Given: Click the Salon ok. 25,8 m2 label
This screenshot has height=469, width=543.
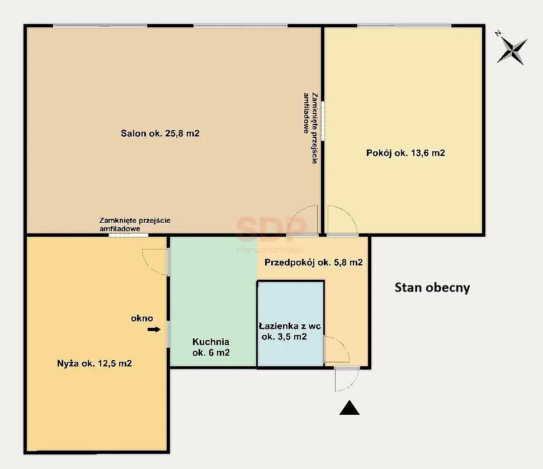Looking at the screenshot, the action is click(160, 133).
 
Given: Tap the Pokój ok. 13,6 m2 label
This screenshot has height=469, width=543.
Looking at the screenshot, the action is click(405, 153).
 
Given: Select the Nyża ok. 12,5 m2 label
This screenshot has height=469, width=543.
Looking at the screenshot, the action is click(94, 363).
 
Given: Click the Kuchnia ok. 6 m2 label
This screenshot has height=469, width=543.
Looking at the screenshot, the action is click(211, 347).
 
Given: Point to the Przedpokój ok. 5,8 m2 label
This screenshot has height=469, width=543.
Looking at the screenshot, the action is click(313, 262).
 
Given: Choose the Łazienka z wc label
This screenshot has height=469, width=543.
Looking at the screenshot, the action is click(290, 326).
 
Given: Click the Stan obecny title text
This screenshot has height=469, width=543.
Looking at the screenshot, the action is click(432, 288).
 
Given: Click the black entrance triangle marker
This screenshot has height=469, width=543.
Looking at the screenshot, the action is click(350, 408).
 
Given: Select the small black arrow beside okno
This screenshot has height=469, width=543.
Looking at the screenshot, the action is click(154, 329).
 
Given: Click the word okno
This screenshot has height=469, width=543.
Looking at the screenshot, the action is click(142, 318).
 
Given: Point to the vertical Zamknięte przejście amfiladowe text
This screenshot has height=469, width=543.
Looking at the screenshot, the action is click(310, 128).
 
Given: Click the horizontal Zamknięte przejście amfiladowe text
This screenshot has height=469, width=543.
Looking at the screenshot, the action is click(135, 224).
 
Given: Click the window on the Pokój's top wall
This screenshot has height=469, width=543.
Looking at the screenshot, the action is click(404, 25).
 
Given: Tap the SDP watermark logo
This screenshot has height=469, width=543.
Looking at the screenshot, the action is click(271, 229).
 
